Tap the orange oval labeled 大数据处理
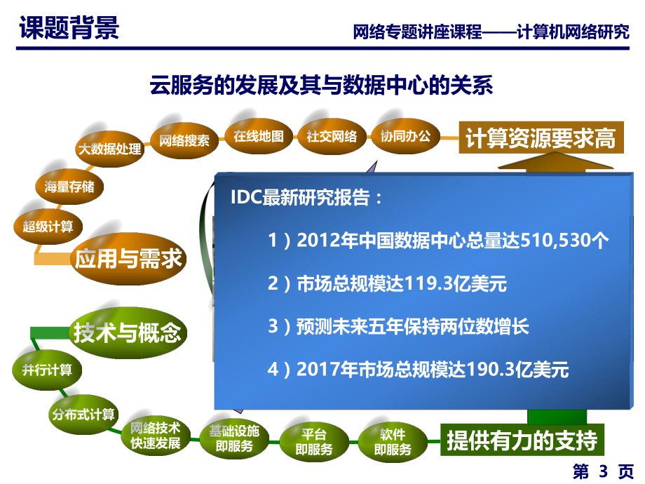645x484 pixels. pos(109,149)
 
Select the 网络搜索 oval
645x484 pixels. pos(184,140)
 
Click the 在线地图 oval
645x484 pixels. pos(259,136)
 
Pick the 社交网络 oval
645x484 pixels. pos(332,136)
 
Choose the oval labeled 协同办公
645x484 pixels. pos(405,136)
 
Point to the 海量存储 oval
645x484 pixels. pos(69,187)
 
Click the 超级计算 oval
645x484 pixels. pos(48,226)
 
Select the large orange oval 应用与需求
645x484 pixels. pos(128,259)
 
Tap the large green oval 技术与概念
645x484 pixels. pos(128,333)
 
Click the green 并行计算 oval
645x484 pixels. pos(47,370)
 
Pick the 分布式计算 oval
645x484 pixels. pos(83,414)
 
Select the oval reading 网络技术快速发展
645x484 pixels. pos(156,436)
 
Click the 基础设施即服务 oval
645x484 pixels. pos(233,438)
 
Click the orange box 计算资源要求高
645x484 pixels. pos(537,139)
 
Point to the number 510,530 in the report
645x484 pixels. pos(556,241)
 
